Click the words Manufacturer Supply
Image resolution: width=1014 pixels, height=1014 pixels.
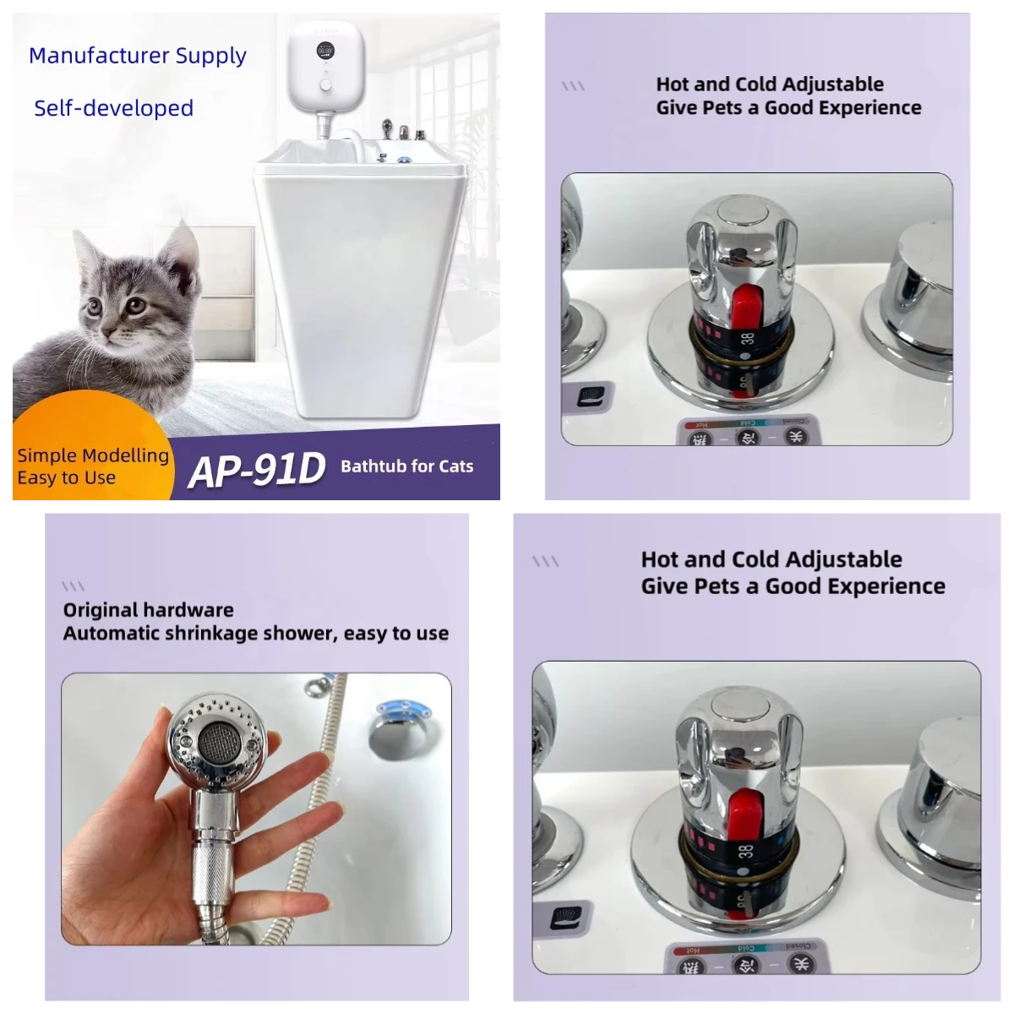tap(138, 56)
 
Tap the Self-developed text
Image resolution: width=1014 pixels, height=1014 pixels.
tap(113, 108)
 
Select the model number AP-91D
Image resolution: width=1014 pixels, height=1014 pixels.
tap(256, 470)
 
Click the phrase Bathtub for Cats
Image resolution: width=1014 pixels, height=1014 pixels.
tap(406, 466)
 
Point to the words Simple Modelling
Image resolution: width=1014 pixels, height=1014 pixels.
tap(93, 455)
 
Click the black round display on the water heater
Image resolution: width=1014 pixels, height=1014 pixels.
tap(324, 52)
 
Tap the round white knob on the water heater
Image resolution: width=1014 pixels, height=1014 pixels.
tap(324, 87)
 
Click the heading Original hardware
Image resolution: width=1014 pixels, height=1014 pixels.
tap(148, 610)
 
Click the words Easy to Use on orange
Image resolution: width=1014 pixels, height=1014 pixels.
tap(66, 478)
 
